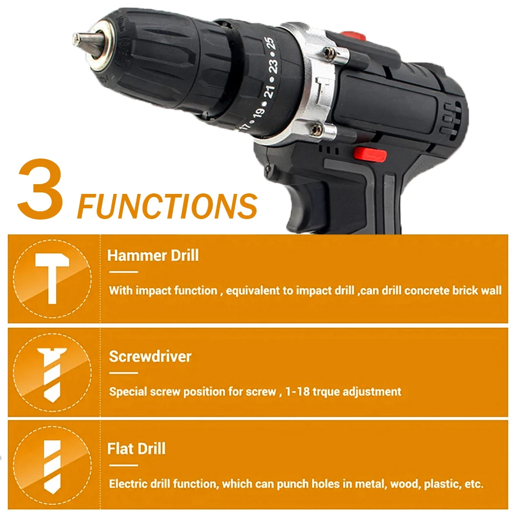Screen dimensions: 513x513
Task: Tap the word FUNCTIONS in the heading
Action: tap(167, 206)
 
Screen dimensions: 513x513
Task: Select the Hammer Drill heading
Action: tap(153, 255)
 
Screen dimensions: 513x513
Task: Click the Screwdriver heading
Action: tap(150, 357)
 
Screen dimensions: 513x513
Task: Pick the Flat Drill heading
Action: tap(136, 448)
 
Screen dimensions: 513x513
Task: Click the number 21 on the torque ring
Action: tap(269, 91)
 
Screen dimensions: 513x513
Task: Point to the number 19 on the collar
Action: tap(259, 112)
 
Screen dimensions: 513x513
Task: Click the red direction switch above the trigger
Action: tap(370, 154)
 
